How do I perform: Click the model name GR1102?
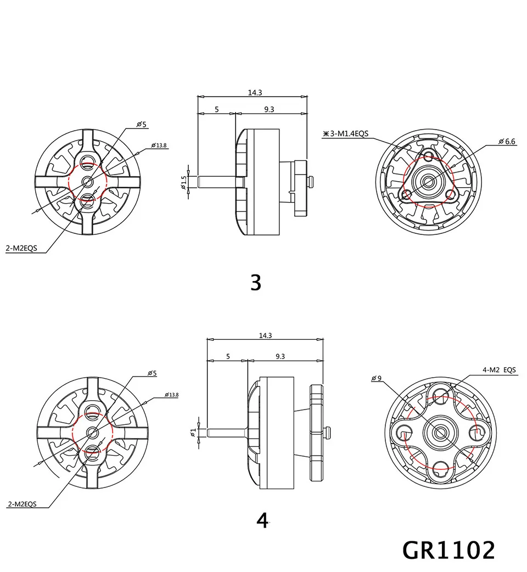(448, 549)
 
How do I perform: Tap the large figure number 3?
(256, 282)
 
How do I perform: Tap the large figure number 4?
(262, 520)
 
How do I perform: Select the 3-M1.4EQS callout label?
(350, 133)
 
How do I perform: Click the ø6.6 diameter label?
(507, 141)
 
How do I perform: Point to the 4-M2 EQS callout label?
(500, 371)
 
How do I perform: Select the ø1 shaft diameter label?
(193, 433)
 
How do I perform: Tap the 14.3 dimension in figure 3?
(255, 93)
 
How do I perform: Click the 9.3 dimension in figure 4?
(280, 356)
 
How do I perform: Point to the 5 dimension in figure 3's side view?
(217, 109)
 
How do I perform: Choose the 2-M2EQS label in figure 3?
(21, 249)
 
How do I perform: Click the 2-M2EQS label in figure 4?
(22, 503)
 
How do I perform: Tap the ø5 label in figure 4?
(152, 373)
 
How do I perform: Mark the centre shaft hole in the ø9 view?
(439, 433)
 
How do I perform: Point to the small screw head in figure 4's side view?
(329, 433)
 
